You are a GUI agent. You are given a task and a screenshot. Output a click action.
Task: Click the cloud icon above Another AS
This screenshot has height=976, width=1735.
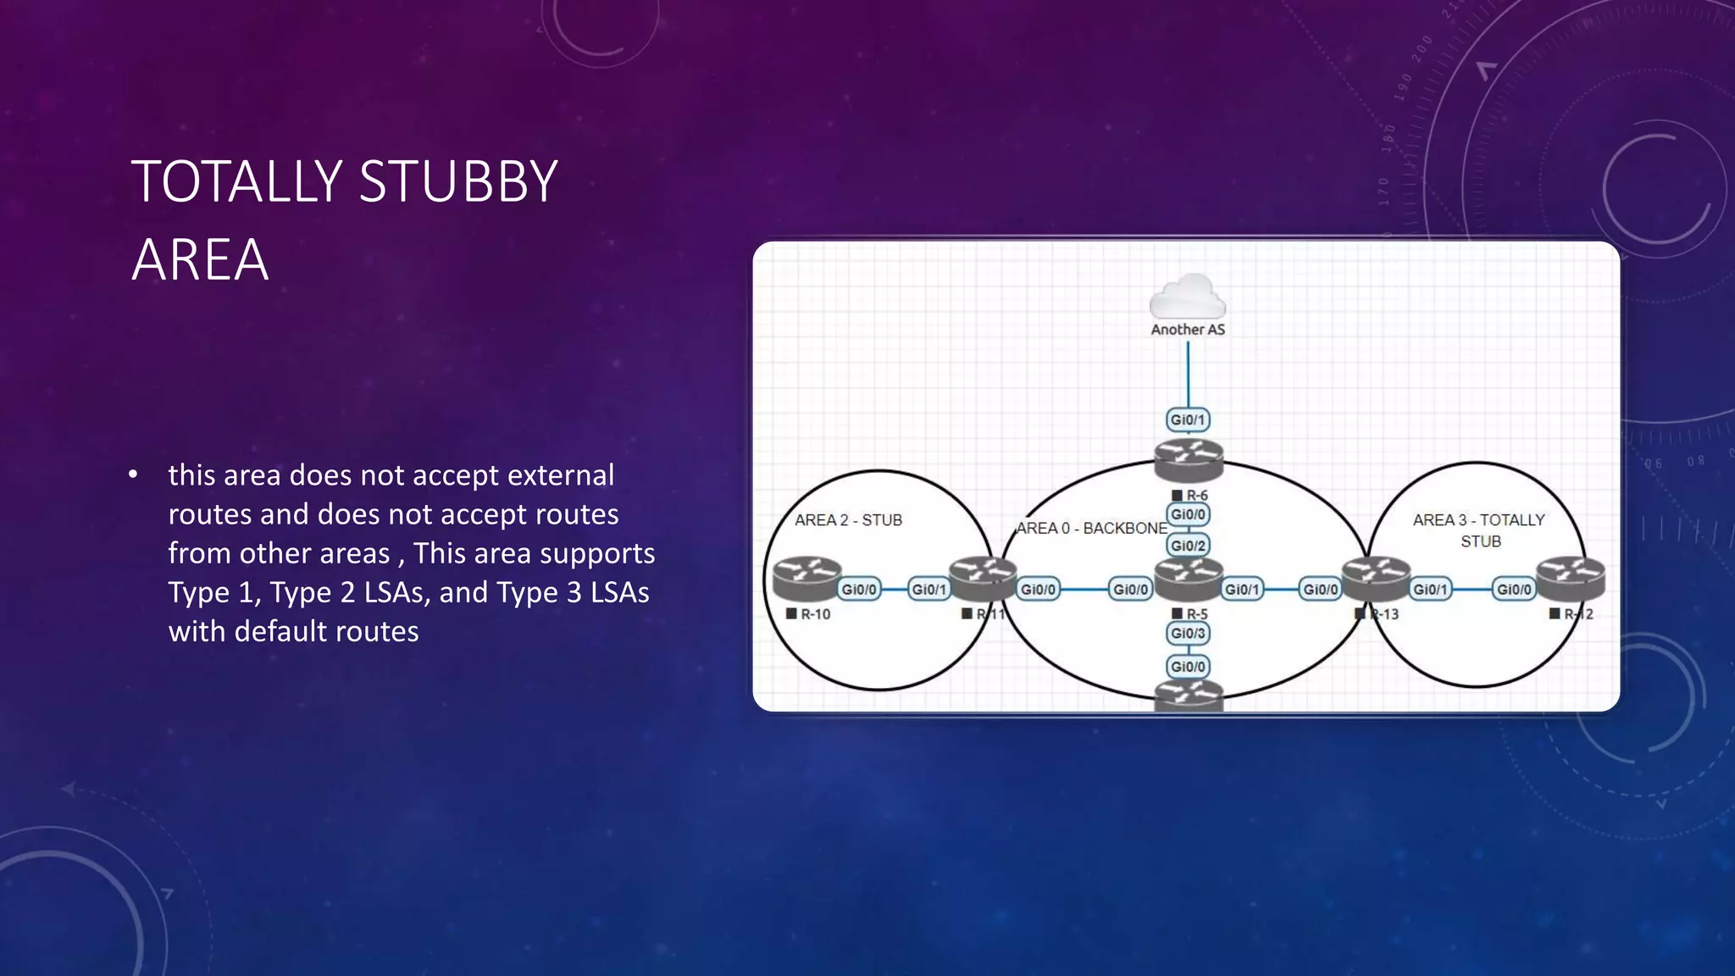tap(1187, 297)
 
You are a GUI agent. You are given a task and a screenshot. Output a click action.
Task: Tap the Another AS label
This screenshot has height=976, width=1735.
tap(1188, 330)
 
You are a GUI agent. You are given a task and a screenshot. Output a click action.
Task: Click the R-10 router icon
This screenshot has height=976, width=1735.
tap(807, 579)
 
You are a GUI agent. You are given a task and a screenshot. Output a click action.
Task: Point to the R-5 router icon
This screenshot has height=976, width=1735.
tap(1189, 580)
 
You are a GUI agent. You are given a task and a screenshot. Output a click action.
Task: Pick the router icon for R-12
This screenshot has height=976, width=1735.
tap(1571, 579)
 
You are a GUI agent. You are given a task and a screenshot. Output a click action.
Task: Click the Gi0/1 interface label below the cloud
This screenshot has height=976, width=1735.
tap(1188, 419)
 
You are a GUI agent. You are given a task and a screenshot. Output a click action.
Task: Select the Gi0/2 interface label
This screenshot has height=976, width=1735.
tap(1188, 546)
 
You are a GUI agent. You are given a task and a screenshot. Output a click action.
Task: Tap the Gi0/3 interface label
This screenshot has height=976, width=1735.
tap(1188, 633)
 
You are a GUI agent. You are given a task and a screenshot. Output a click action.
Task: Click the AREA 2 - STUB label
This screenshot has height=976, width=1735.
tap(848, 520)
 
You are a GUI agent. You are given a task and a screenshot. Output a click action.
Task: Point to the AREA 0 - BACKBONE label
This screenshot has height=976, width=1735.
tap(1091, 528)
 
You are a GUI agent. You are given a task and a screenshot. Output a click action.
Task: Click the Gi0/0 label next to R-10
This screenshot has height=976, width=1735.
tap(859, 589)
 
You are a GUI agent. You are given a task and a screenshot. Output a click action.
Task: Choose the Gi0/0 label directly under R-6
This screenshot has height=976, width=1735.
tap(1188, 514)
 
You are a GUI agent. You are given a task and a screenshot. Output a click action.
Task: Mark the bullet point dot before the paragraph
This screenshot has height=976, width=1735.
tap(133, 475)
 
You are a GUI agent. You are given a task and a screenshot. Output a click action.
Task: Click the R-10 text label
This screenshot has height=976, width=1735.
tap(815, 614)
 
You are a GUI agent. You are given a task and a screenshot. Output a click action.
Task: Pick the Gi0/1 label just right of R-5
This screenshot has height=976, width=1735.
tap(1242, 589)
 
